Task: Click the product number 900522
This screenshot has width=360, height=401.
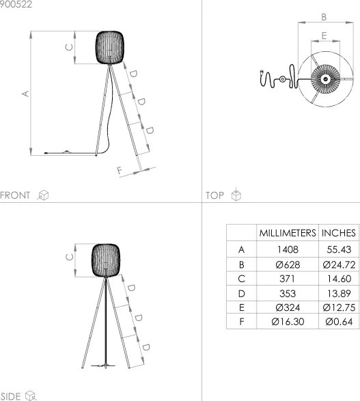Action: [x=15, y=4]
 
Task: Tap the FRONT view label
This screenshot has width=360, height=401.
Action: [x=15, y=195]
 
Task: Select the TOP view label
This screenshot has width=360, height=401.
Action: [x=214, y=195]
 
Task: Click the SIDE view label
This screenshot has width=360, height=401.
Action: [x=11, y=396]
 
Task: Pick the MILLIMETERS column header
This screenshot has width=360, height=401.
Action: [x=287, y=233]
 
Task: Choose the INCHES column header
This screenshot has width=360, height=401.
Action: [x=338, y=233]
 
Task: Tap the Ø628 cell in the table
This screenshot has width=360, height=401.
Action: [x=287, y=264]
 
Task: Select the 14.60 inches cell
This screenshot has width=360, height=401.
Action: [x=338, y=278]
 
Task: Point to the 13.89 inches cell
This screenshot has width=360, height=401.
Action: [x=338, y=292]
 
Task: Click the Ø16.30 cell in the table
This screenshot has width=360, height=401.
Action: [x=287, y=321]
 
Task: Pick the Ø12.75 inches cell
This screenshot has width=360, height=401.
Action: [x=338, y=307]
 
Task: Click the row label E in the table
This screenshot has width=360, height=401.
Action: [x=240, y=307]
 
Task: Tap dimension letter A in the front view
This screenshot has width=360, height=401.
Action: [x=25, y=94]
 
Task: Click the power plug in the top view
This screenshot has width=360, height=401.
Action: [x=264, y=79]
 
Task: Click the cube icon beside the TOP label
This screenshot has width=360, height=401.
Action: [x=236, y=195]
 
